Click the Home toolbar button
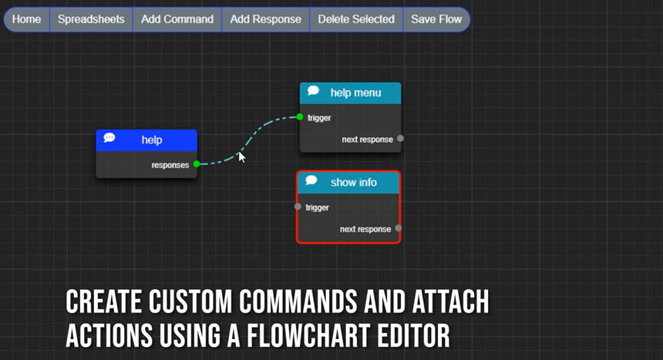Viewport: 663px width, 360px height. [27, 19]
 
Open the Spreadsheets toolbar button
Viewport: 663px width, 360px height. [91, 19]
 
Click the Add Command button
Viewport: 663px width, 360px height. [177, 19]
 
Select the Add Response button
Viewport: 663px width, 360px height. [265, 19]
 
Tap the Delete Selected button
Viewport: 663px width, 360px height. [356, 19]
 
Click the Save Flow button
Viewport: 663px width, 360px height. [436, 19]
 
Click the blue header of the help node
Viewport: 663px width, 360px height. [146, 140]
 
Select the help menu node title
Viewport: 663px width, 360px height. [355, 93]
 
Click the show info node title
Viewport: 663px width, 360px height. [354, 183]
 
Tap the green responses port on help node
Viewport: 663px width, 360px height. [197, 163]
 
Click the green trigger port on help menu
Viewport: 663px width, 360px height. [300, 116]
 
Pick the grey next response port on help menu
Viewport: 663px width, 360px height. [400, 138]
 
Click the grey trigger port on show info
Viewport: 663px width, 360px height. [298, 207]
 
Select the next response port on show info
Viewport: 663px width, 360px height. [399, 228]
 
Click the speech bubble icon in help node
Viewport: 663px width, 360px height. [109, 137]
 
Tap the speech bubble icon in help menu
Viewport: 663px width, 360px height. [313, 90]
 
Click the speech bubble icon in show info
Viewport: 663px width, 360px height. [311, 180]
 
